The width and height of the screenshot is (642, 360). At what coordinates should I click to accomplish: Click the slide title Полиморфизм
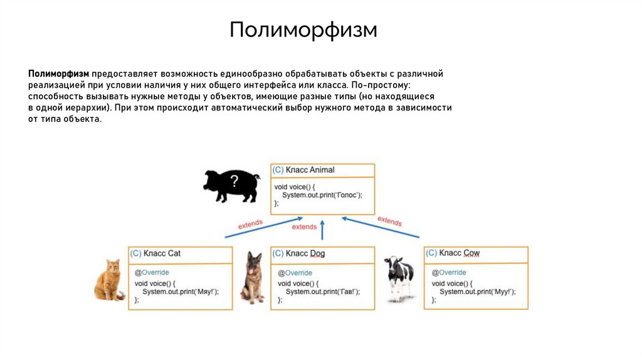[303, 29]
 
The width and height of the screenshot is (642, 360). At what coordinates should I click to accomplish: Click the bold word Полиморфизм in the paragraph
[58, 74]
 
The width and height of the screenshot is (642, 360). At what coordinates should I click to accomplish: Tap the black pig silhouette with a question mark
[231, 185]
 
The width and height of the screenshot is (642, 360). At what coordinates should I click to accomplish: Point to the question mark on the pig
[234, 182]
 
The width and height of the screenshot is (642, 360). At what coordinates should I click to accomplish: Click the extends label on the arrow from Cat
[250, 224]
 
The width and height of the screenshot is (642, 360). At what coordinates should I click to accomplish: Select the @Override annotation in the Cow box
[449, 273]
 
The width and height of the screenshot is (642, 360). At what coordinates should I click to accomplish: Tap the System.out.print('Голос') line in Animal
[322, 195]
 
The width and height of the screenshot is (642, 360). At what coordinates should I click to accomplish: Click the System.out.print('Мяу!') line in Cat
[181, 292]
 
